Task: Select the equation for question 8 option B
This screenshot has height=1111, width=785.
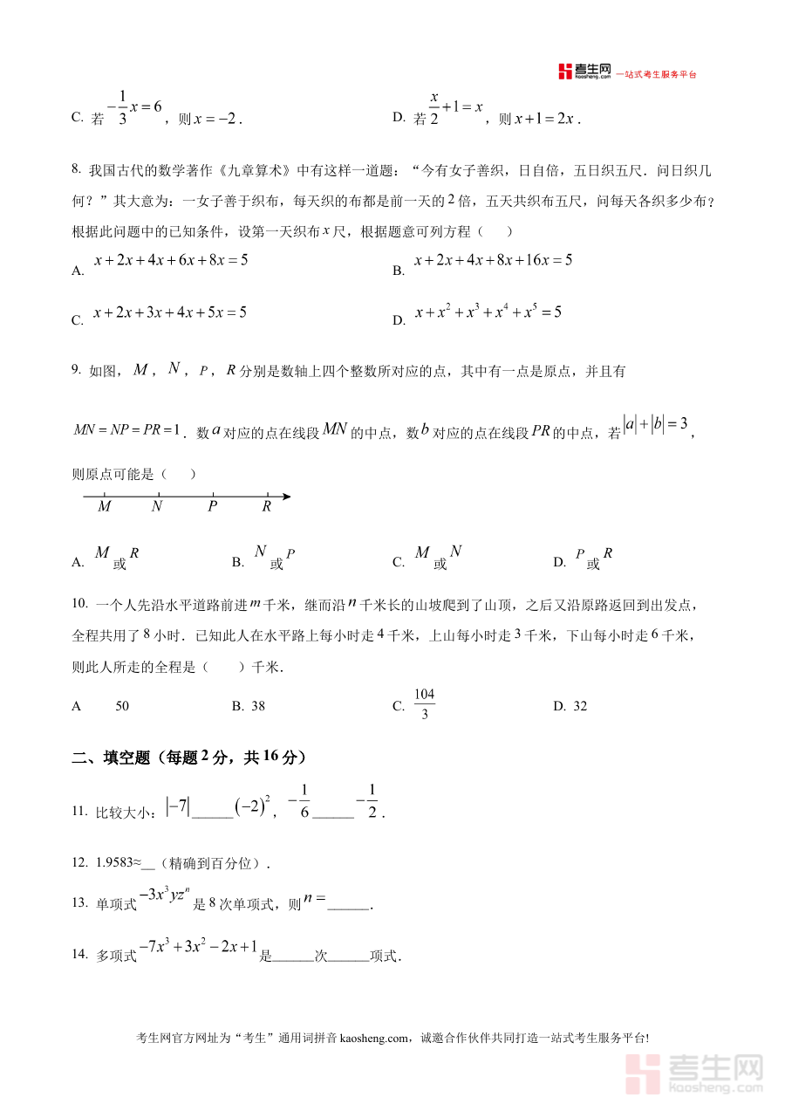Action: click(493, 260)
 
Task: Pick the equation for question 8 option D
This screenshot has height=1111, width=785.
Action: click(488, 312)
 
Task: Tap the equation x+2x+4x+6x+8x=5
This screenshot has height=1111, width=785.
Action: click(171, 260)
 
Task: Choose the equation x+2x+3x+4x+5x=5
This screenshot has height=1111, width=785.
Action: click(170, 312)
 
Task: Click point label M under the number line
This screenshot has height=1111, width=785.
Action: click(105, 506)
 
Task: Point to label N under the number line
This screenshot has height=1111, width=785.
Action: click(157, 506)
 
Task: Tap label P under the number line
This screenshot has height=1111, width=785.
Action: click(212, 506)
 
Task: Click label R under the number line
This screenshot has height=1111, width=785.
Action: click(266, 506)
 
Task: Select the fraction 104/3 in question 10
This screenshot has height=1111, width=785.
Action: click(424, 704)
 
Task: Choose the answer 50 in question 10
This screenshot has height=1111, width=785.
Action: click(122, 706)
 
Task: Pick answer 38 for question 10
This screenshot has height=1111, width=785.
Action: click(257, 706)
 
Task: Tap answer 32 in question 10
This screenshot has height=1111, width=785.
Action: click(580, 706)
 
